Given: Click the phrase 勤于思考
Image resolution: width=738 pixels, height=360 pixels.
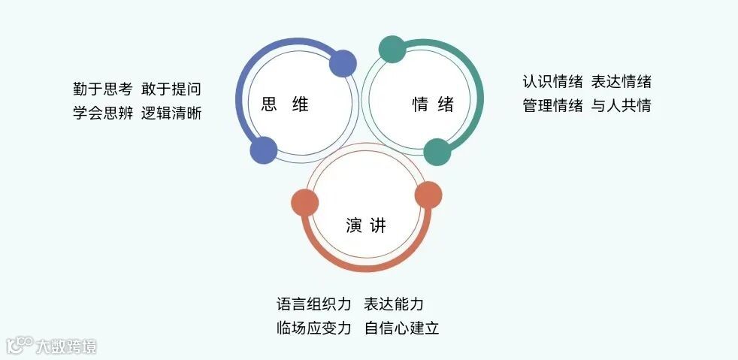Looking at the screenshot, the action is (x=102, y=89).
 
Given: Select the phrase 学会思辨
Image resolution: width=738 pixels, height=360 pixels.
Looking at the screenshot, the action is (x=102, y=113).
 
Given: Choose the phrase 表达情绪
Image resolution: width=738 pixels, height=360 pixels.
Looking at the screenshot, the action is (x=621, y=81).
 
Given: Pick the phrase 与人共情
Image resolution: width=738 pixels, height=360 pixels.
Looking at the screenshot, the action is (x=621, y=105).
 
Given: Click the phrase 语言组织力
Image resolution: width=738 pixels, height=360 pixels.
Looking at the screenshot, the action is (x=314, y=304).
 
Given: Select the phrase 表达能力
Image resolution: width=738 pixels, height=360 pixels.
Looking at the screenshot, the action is (x=394, y=304).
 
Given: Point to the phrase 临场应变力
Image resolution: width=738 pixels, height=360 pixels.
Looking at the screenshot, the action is (x=314, y=328).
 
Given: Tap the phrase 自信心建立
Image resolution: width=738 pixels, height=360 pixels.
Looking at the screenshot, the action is (x=401, y=328).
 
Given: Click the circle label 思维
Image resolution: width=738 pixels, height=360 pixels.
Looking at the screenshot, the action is (x=285, y=104).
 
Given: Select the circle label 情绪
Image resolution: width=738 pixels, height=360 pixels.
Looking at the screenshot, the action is (x=433, y=104).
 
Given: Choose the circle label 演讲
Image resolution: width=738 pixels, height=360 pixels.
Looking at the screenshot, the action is (x=366, y=225).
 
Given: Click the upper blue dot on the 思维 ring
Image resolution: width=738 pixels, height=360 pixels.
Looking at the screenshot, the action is (x=343, y=64).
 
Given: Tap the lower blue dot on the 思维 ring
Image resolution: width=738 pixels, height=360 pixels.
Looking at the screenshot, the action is (x=263, y=150).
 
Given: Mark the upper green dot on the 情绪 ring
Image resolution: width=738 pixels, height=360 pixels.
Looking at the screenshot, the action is (x=392, y=49).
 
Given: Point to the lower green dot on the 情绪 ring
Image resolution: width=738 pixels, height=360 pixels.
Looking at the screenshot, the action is (x=437, y=152).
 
